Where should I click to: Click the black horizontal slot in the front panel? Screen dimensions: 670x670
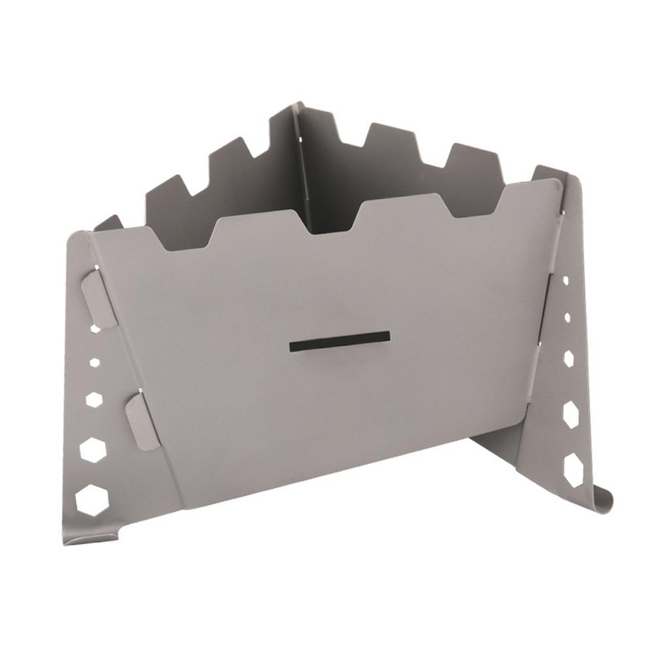340,341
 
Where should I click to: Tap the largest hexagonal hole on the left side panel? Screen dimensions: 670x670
90,500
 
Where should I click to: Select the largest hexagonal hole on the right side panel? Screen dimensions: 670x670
573,470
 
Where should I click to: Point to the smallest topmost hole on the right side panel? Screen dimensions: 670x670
565,280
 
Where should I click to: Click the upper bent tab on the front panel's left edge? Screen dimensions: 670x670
100,297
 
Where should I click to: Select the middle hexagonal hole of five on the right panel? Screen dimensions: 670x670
569,359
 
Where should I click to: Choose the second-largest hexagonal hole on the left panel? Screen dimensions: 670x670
92,450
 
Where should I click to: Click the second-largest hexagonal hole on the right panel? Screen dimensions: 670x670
571,414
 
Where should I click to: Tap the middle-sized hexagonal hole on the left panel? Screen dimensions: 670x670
94,398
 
